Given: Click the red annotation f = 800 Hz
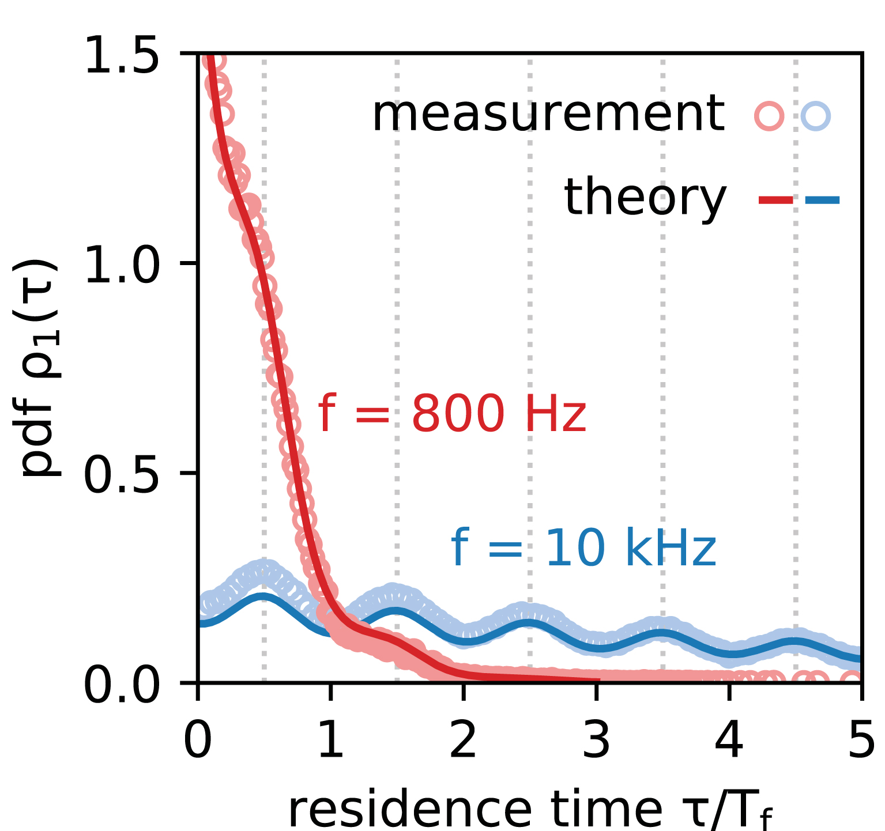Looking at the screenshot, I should pyautogui.click(x=452, y=413).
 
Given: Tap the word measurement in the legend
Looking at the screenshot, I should pyautogui.click(x=548, y=115).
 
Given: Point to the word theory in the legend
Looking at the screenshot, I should pyautogui.click(x=645, y=198).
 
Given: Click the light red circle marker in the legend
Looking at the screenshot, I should pyautogui.click(x=769, y=115).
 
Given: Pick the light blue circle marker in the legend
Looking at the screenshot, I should pyautogui.click(x=815, y=115).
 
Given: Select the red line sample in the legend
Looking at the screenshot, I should pyautogui.click(x=775, y=200).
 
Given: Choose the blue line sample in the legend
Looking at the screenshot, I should pyautogui.click(x=822, y=200).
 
